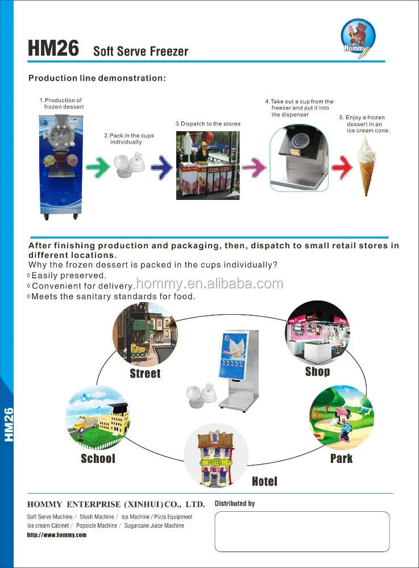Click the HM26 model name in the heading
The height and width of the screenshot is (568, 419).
(53, 48)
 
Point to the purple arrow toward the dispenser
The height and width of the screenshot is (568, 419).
(254, 166)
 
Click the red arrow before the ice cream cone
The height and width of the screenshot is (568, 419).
(342, 166)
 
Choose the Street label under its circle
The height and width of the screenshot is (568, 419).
(145, 373)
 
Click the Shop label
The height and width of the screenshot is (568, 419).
(317, 371)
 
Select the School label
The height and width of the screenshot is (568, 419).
(98, 458)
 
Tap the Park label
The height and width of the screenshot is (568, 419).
(341, 458)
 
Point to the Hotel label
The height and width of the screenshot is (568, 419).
(264, 482)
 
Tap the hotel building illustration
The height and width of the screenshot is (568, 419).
(215, 454)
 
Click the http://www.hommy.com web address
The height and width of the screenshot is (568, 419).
(57, 535)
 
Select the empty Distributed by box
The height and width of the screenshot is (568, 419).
(301, 531)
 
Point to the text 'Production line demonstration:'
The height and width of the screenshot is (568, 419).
(97, 78)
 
